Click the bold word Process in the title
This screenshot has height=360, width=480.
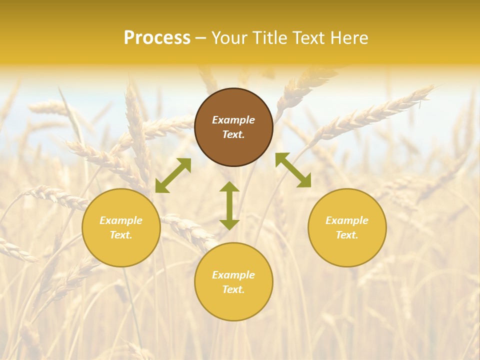[x=157, y=38]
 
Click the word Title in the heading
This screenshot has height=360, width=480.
[x=269, y=38]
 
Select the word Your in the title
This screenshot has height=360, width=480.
[x=230, y=38]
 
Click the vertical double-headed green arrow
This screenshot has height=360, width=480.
[x=229, y=205]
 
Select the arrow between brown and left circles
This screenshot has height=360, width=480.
[x=173, y=175]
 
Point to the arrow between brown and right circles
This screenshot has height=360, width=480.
[x=293, y=170]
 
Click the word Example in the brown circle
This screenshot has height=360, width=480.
[x=233, y=120]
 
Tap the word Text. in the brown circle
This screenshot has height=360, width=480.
[x=233, y=134]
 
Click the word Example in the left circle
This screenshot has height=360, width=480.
[x=121, y=220]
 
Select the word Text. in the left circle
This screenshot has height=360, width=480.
[x=121, y=235]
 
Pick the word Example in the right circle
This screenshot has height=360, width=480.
[x=347, y=220]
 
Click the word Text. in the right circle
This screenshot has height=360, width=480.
[x=347, y=235]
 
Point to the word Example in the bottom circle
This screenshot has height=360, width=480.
[x=233, y=275]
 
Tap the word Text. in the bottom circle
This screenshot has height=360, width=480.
[x=233, y=289]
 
